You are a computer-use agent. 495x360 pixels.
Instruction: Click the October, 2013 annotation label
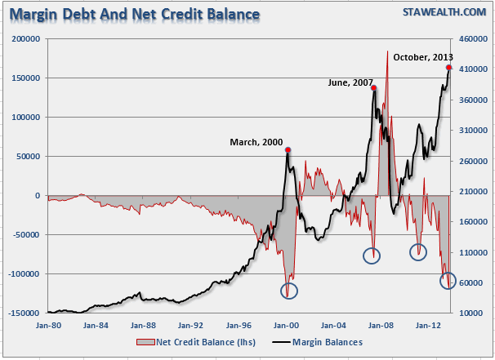click(421, 57)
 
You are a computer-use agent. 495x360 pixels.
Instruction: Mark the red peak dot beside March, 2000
click(288, 150)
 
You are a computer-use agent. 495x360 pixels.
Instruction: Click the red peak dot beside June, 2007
click(374, 88)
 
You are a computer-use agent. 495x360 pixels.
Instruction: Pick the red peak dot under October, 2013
click(449, 67)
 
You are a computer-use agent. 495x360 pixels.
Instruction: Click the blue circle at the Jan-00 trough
click(289, 290)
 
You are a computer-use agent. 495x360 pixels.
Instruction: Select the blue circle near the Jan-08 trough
click(372, 255)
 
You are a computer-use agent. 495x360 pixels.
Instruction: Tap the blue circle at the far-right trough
click(448, 281)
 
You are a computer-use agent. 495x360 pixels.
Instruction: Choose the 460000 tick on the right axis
click(471, 39)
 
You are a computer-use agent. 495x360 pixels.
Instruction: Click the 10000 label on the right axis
click(469, 313)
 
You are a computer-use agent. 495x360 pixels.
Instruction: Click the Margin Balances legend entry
click(324, 342)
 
